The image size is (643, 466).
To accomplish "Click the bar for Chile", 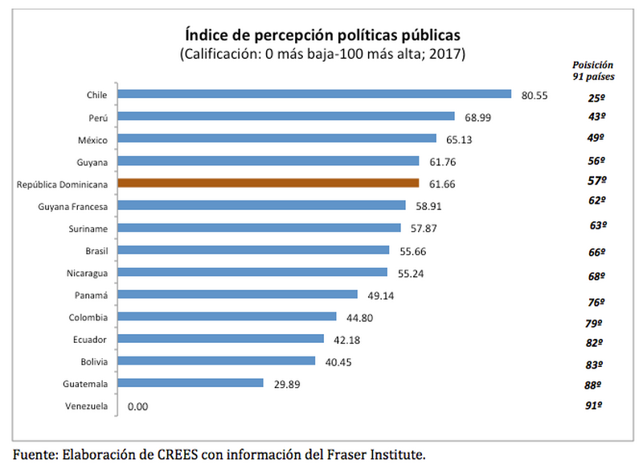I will coord(314,94).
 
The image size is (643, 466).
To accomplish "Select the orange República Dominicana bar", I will coord(268,184).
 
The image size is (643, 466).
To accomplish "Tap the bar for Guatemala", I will coord(190,383).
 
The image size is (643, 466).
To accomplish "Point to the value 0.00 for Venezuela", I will coord(138,406).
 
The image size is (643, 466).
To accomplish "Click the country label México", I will coord(92,139).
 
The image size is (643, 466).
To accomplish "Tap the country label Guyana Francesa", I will coord(73,206).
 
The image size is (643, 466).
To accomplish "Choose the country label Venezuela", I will coord(86,406).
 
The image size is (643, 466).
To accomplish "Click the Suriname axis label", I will coord(89,229).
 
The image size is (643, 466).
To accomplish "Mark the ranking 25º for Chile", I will coord(596,98).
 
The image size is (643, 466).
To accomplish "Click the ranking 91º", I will coord(596,406).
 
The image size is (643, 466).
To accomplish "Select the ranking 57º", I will coord(596,181).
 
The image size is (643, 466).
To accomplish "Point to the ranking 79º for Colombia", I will coord(596,324).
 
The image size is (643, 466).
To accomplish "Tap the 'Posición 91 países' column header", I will coord(593,70).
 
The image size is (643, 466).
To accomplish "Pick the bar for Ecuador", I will coord(220,339).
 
